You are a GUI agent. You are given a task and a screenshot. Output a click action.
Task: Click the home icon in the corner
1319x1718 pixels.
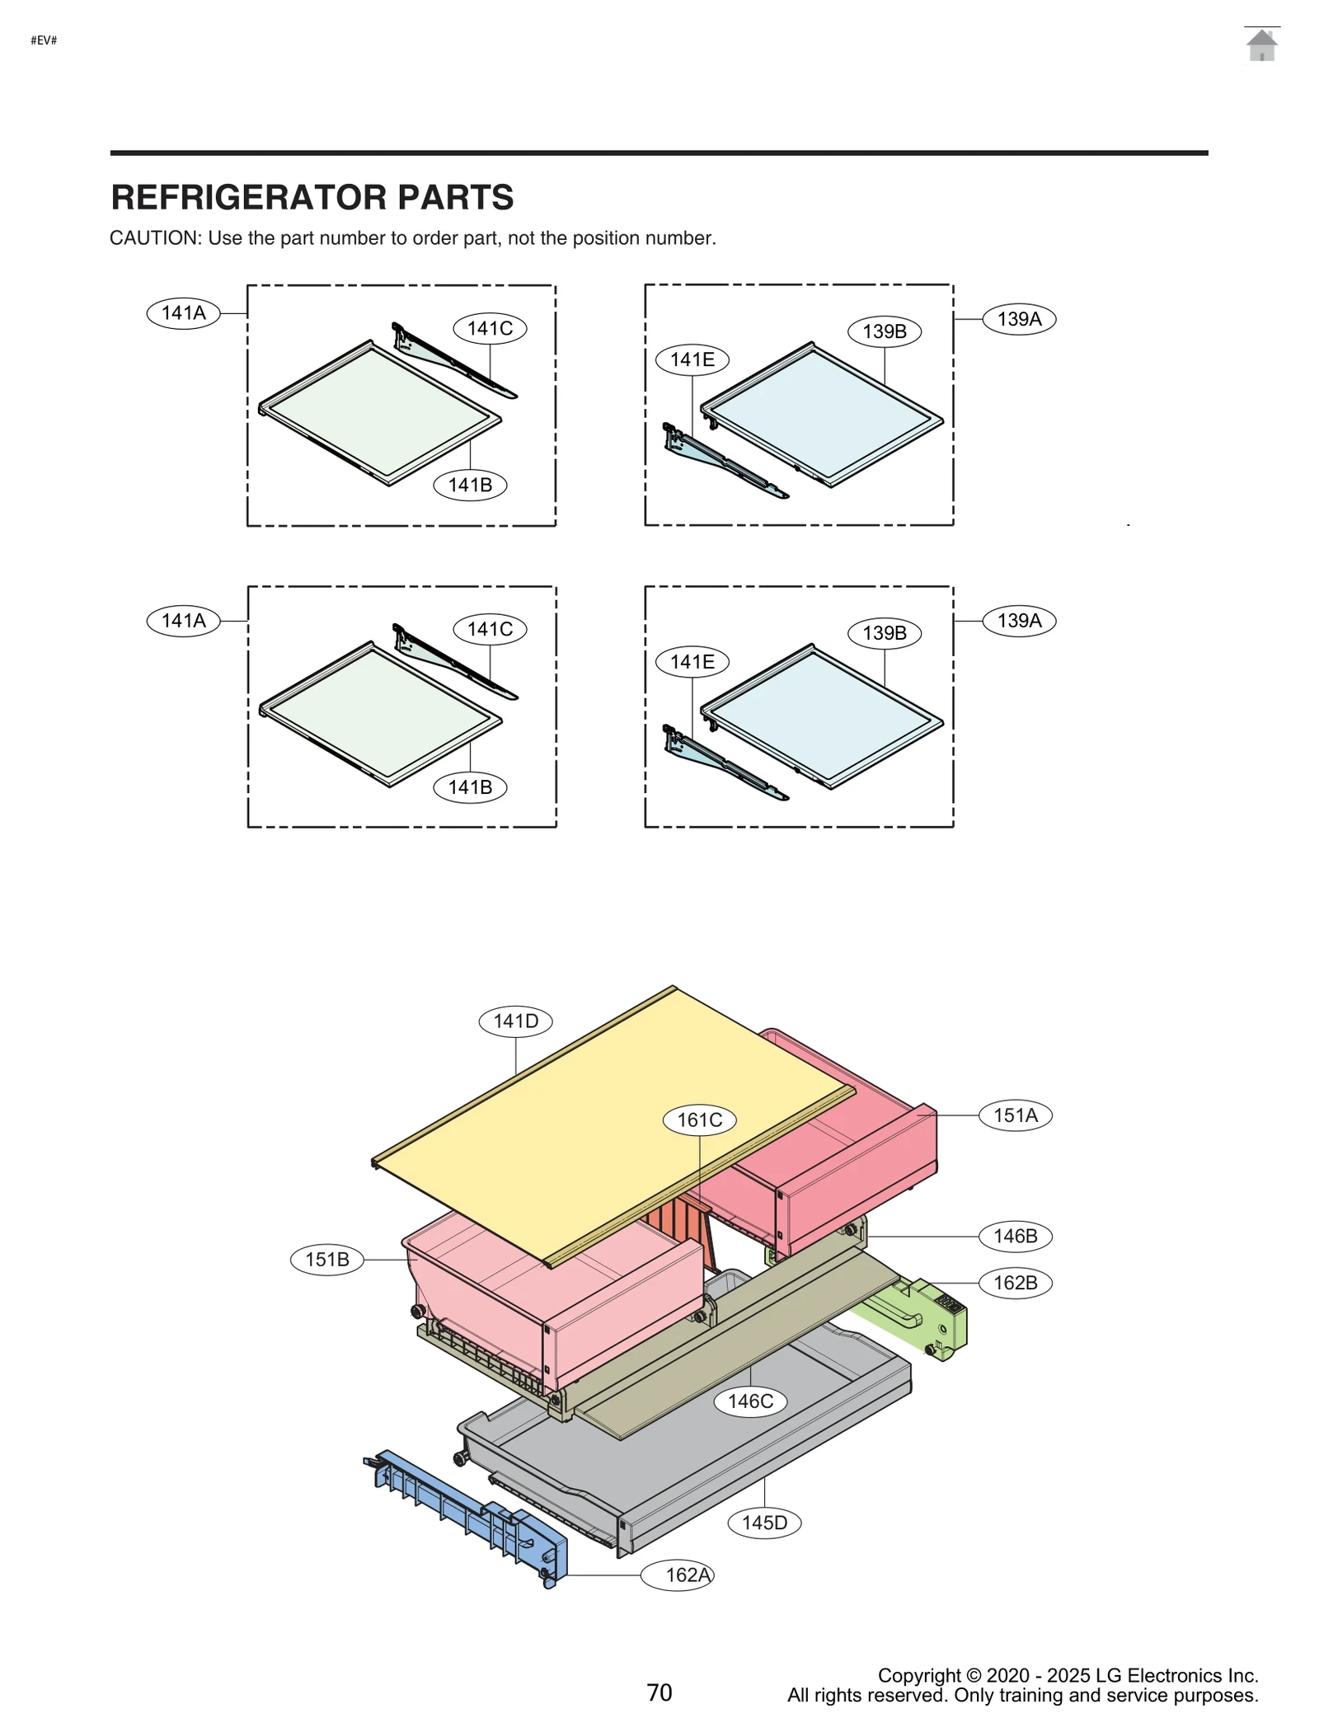point(1261,45)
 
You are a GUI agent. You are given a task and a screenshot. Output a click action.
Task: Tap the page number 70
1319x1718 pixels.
point(659,1692)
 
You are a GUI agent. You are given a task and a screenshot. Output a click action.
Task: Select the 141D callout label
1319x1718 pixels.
point(515,1021)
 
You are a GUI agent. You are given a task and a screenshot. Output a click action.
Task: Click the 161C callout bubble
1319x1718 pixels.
point(699,1120)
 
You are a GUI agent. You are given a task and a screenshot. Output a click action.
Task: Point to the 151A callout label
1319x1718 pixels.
point(1015,1115)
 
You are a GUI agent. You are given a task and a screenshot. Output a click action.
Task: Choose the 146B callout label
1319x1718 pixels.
point(1015,1236)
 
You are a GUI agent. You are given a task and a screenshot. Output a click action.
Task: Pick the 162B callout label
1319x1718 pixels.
point(1015,1283)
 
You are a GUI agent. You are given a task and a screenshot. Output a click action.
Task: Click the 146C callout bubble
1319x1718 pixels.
point(750,1401)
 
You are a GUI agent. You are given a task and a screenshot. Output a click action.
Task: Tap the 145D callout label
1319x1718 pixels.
point(764,1523)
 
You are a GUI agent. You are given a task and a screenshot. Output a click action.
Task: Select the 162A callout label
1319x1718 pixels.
point(687,1575)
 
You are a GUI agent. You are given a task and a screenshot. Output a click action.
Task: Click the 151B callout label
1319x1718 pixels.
point(327,1260)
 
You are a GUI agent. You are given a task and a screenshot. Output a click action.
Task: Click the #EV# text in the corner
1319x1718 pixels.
point(44,40)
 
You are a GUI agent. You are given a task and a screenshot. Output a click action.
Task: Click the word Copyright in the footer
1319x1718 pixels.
point(918,1675)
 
